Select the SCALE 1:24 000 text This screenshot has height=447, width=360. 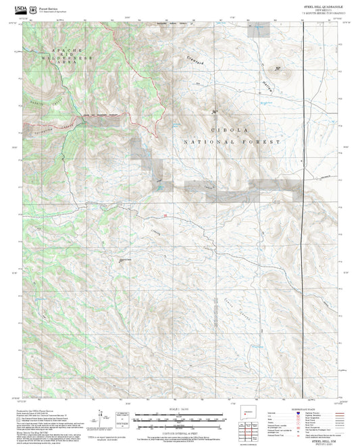[179, 408]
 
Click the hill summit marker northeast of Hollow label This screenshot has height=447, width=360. [278, 68]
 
